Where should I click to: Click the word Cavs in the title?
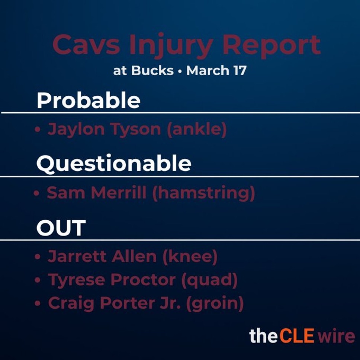[86, 44]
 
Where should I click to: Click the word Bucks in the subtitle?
[152, 70]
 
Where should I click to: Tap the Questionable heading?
[114, 164]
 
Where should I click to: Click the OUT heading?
[61, 228]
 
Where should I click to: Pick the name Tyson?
[136, 130]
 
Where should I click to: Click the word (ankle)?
[197, 130]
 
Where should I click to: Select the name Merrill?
[119, 193]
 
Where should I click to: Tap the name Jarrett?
[77, 257]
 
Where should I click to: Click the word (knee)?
[190, 257]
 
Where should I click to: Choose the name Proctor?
[143, 280]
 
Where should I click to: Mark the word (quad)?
[210, 280]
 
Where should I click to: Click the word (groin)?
[215, 303]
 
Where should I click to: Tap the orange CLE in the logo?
[297, 335]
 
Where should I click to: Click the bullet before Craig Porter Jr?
[38, 303]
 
